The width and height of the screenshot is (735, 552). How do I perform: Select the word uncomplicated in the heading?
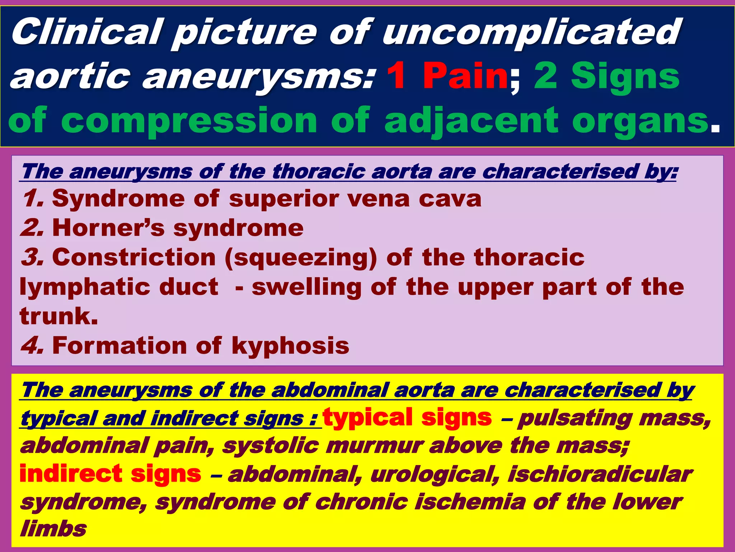pyautogui.click(x=531, y=32)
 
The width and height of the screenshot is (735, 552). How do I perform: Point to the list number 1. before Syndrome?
pyautogui.click(x=33, y=199)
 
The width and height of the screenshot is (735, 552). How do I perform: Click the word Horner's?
pyautogui.click(x=108, y=228)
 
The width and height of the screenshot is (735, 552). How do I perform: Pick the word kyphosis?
pyautogui.click(x=290, y=346)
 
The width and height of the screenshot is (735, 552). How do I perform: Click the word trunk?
pyautogui.click(x=58, y=316)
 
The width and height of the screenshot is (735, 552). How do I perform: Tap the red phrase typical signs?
pyautogui.click(x=407, y=418)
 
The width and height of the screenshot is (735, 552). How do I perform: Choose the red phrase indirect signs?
pyautogui.click(x=111, y=474)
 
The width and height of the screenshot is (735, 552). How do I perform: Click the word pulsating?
pyautogui.click(x=574, y=419)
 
